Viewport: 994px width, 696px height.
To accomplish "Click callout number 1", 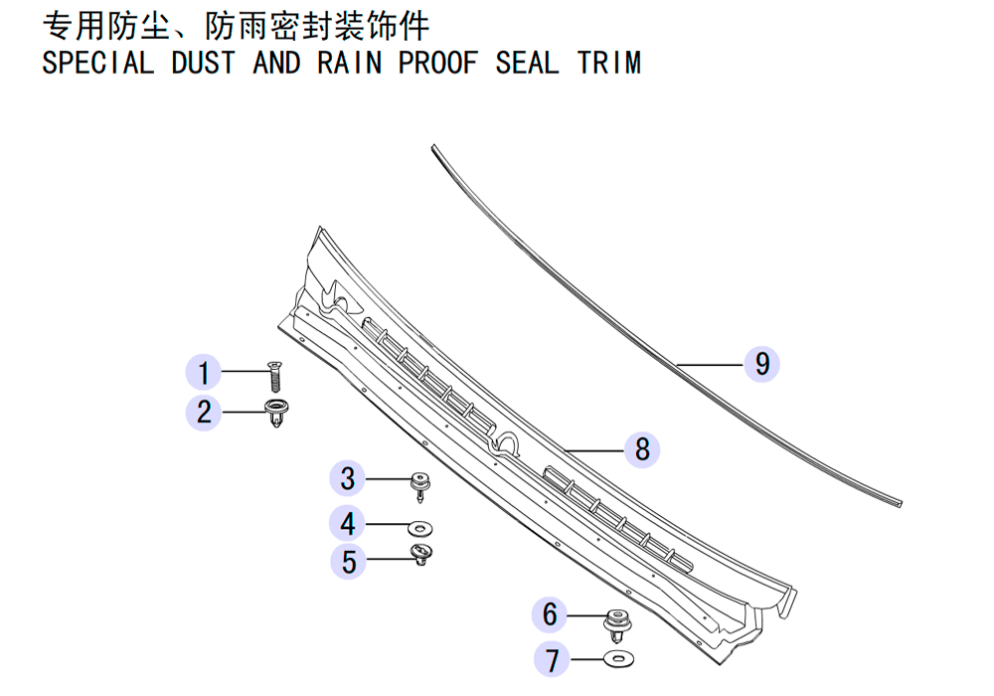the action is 204,372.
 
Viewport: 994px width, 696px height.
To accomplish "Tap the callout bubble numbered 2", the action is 204,412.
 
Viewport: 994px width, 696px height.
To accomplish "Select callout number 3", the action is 347,478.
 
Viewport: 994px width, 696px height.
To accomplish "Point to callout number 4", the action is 347,524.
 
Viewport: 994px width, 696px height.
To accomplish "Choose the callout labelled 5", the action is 349,562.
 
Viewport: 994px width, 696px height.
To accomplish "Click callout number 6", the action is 550,614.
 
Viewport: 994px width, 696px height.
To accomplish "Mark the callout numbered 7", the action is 552,659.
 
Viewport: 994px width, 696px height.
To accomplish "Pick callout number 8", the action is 642,449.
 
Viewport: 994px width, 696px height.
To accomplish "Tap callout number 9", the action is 762,364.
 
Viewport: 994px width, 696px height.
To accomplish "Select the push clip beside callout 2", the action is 276,412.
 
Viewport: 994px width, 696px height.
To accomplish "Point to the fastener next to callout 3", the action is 419,486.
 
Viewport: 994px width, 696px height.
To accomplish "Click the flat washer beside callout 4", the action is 419,527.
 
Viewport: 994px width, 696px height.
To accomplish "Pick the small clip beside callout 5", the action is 420,554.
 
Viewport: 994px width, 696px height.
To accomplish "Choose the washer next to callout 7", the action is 619,659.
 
